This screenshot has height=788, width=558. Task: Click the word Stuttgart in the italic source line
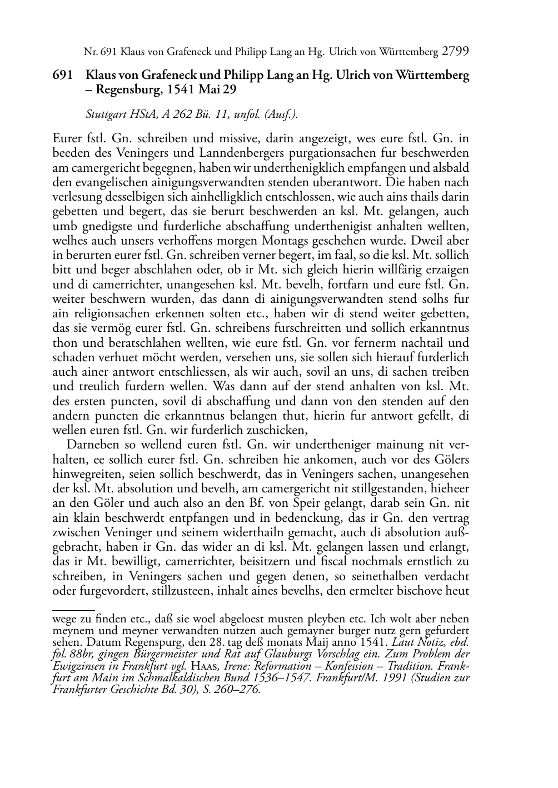coord(106,115)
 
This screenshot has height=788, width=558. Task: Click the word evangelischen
coord(104,182)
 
